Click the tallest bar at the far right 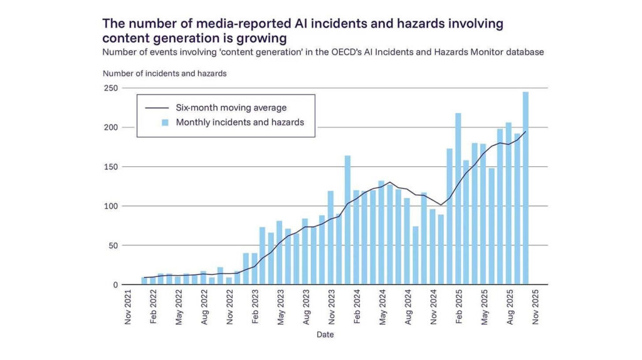525,188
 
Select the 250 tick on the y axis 111,88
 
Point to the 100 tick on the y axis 111,206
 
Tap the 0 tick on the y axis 115,285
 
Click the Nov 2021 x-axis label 128,307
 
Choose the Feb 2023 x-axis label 255,307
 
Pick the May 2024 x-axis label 381,307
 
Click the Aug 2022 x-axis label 204,307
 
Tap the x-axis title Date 325,335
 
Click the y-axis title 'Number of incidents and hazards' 165,73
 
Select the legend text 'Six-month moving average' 231,108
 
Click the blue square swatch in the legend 166,122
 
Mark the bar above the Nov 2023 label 330,238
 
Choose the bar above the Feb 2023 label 255,269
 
